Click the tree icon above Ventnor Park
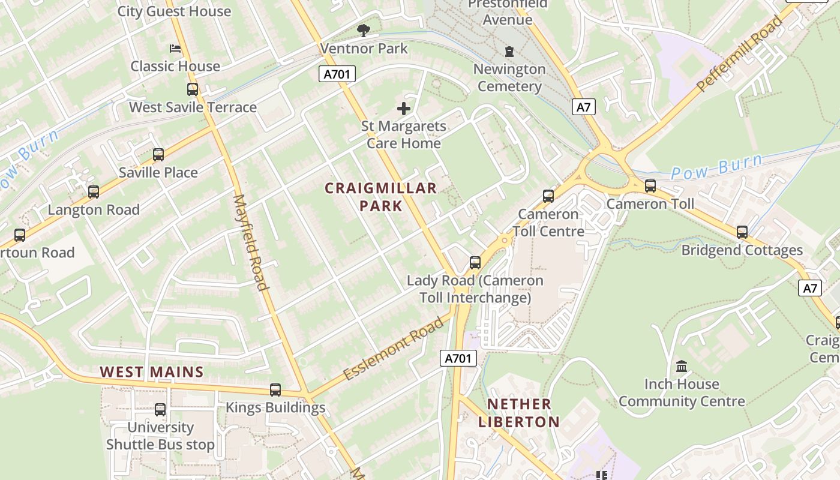coord(363,30)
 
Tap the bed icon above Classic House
coord(175,48)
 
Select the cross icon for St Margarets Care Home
coord(404,109)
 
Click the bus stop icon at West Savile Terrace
coord(193,89)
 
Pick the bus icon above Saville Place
coord(158,155)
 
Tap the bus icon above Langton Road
coord(94,192)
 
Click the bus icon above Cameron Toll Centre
coord(548,196)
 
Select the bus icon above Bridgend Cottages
coord(742,232)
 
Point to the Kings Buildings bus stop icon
coord(275,390)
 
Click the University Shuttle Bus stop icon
coord(160,410)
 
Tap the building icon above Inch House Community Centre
coord(682,366)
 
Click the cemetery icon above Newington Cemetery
coord(509,52)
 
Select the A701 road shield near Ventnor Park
coord(337,74)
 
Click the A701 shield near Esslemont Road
coord(458,358)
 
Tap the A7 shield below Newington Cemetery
coord(583,107)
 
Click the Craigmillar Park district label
coord(381,197)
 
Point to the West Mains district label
coord(152,372)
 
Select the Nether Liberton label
coord(518,413)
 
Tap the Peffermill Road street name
coord(740,54)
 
